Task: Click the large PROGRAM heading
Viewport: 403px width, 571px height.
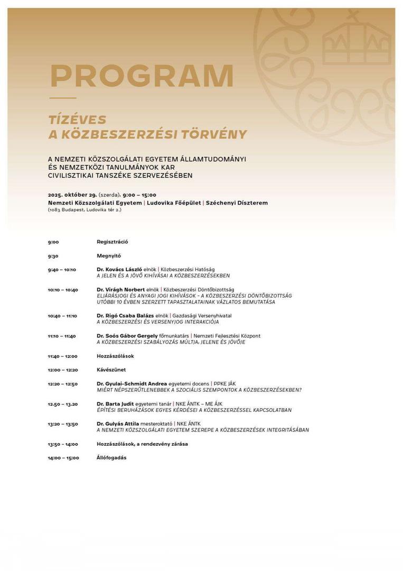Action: click(142, 77)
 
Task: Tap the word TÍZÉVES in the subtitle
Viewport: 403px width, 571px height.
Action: click(78, 120)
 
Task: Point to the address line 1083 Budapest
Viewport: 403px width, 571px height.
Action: click(85, 210)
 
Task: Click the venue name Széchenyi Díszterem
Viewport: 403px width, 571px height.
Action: click(237, 202)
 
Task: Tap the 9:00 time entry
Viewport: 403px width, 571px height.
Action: click(53, 242)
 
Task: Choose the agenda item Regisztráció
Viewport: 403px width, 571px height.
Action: click(113, 242)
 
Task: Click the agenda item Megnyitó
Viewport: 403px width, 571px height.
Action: click(109, 256)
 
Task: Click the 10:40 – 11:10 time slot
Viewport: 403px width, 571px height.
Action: click(62, 316)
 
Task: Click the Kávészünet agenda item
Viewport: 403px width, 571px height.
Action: click(111, 370)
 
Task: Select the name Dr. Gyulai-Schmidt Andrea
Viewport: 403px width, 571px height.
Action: click(132, 384)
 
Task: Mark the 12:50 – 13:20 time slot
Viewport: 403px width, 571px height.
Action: click(62, 404)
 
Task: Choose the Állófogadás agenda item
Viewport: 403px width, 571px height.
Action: click(111, 458)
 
